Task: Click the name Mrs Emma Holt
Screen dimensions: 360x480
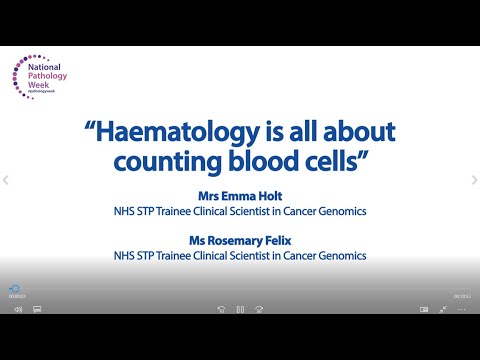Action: (x=241, y=196)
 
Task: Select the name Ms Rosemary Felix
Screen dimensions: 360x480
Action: (x=241, y=241)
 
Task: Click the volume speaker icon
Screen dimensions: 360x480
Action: (x=18, y=309)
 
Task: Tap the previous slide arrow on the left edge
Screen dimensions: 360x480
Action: (x=5, y=180)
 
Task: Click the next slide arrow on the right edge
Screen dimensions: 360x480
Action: (x=474, y=180)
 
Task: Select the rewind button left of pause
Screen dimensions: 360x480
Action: (x=221, y=309)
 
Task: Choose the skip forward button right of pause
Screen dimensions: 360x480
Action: (x=259, y=309)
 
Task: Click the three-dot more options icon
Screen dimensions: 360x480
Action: (x=462, y=309)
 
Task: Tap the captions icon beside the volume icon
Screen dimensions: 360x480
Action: (x=37, y=309)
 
